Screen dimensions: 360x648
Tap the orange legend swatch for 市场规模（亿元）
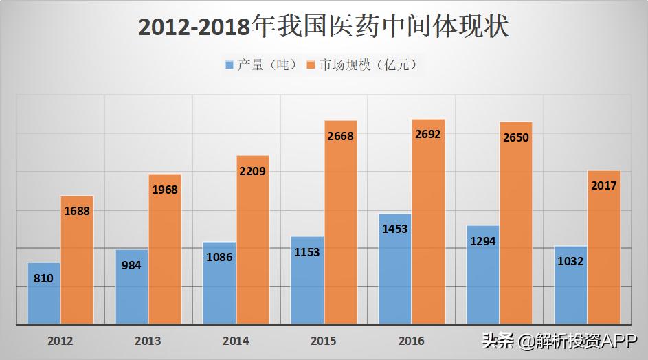311,65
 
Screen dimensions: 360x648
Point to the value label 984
131,265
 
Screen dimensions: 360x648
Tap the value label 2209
252,171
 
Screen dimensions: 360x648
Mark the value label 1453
395,229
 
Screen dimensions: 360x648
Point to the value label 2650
516,137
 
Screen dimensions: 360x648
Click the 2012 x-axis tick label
60,341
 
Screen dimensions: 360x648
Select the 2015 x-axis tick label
324,341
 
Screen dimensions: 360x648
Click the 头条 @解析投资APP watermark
560,341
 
